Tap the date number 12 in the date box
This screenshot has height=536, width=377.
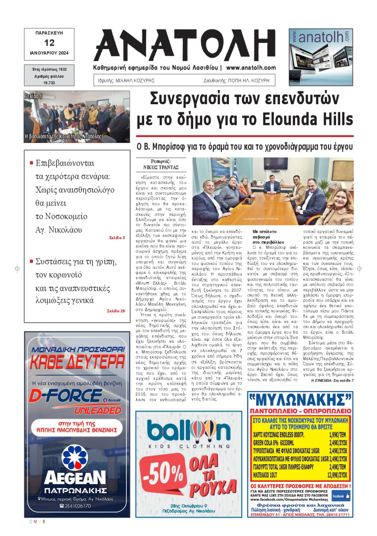[49, 42]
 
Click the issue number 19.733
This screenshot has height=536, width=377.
[49, 82]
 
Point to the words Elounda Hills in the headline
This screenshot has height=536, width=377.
[314, 119]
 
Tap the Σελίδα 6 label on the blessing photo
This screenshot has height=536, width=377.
[34, 96]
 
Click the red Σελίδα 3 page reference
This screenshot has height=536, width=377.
[117, 238]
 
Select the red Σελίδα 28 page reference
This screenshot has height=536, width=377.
[115, 311]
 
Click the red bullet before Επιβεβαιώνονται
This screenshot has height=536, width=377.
[32, 163]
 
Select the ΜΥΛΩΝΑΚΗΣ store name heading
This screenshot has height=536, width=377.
[300, 402]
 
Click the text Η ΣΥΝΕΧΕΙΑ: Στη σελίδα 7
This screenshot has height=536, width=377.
[332, 380]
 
